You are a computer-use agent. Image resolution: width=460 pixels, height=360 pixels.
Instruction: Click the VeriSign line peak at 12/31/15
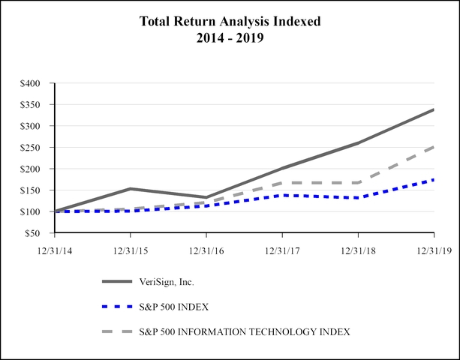(131, 188)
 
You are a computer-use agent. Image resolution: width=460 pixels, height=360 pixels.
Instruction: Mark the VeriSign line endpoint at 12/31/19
(433, 110)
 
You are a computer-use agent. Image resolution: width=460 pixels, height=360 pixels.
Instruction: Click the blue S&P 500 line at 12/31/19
(433, 180)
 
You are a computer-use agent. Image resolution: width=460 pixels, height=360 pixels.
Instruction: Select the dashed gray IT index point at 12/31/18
(358, 182)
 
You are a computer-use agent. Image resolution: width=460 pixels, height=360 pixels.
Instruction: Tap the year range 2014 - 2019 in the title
(230, 38)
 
